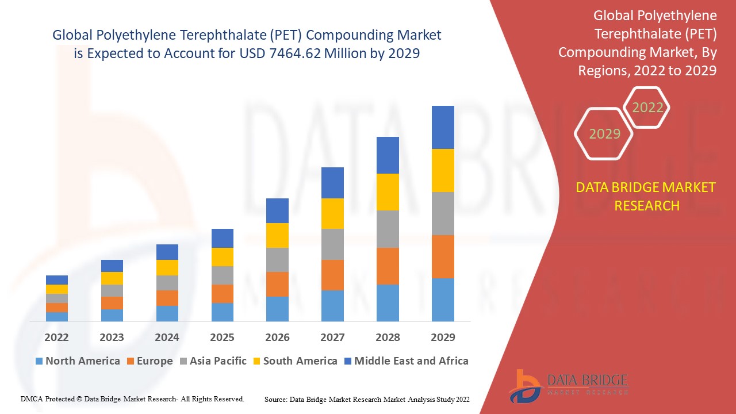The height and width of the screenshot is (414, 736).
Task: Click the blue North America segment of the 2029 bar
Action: [443, 300]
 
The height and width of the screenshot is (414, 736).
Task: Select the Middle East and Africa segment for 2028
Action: [388, 155]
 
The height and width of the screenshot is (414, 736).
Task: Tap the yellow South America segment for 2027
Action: [332, 213]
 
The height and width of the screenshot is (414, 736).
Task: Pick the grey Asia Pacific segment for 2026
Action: [277, 260]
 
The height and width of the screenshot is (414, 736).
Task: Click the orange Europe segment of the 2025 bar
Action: [222, 294]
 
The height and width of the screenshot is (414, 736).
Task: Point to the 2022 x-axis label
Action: [56, 337]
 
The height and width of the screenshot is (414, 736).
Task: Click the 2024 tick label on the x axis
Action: [167, 337]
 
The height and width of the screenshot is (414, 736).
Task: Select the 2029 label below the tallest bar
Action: [443, 337]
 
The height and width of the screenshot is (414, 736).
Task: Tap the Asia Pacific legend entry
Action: [217, 361]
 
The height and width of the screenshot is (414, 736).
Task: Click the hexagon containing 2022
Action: [647, 108]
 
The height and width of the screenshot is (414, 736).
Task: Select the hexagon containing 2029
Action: [604, 134]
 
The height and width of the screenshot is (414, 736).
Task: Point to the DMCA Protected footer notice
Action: [132, 399]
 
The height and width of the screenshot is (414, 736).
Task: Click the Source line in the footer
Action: [367, 399]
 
